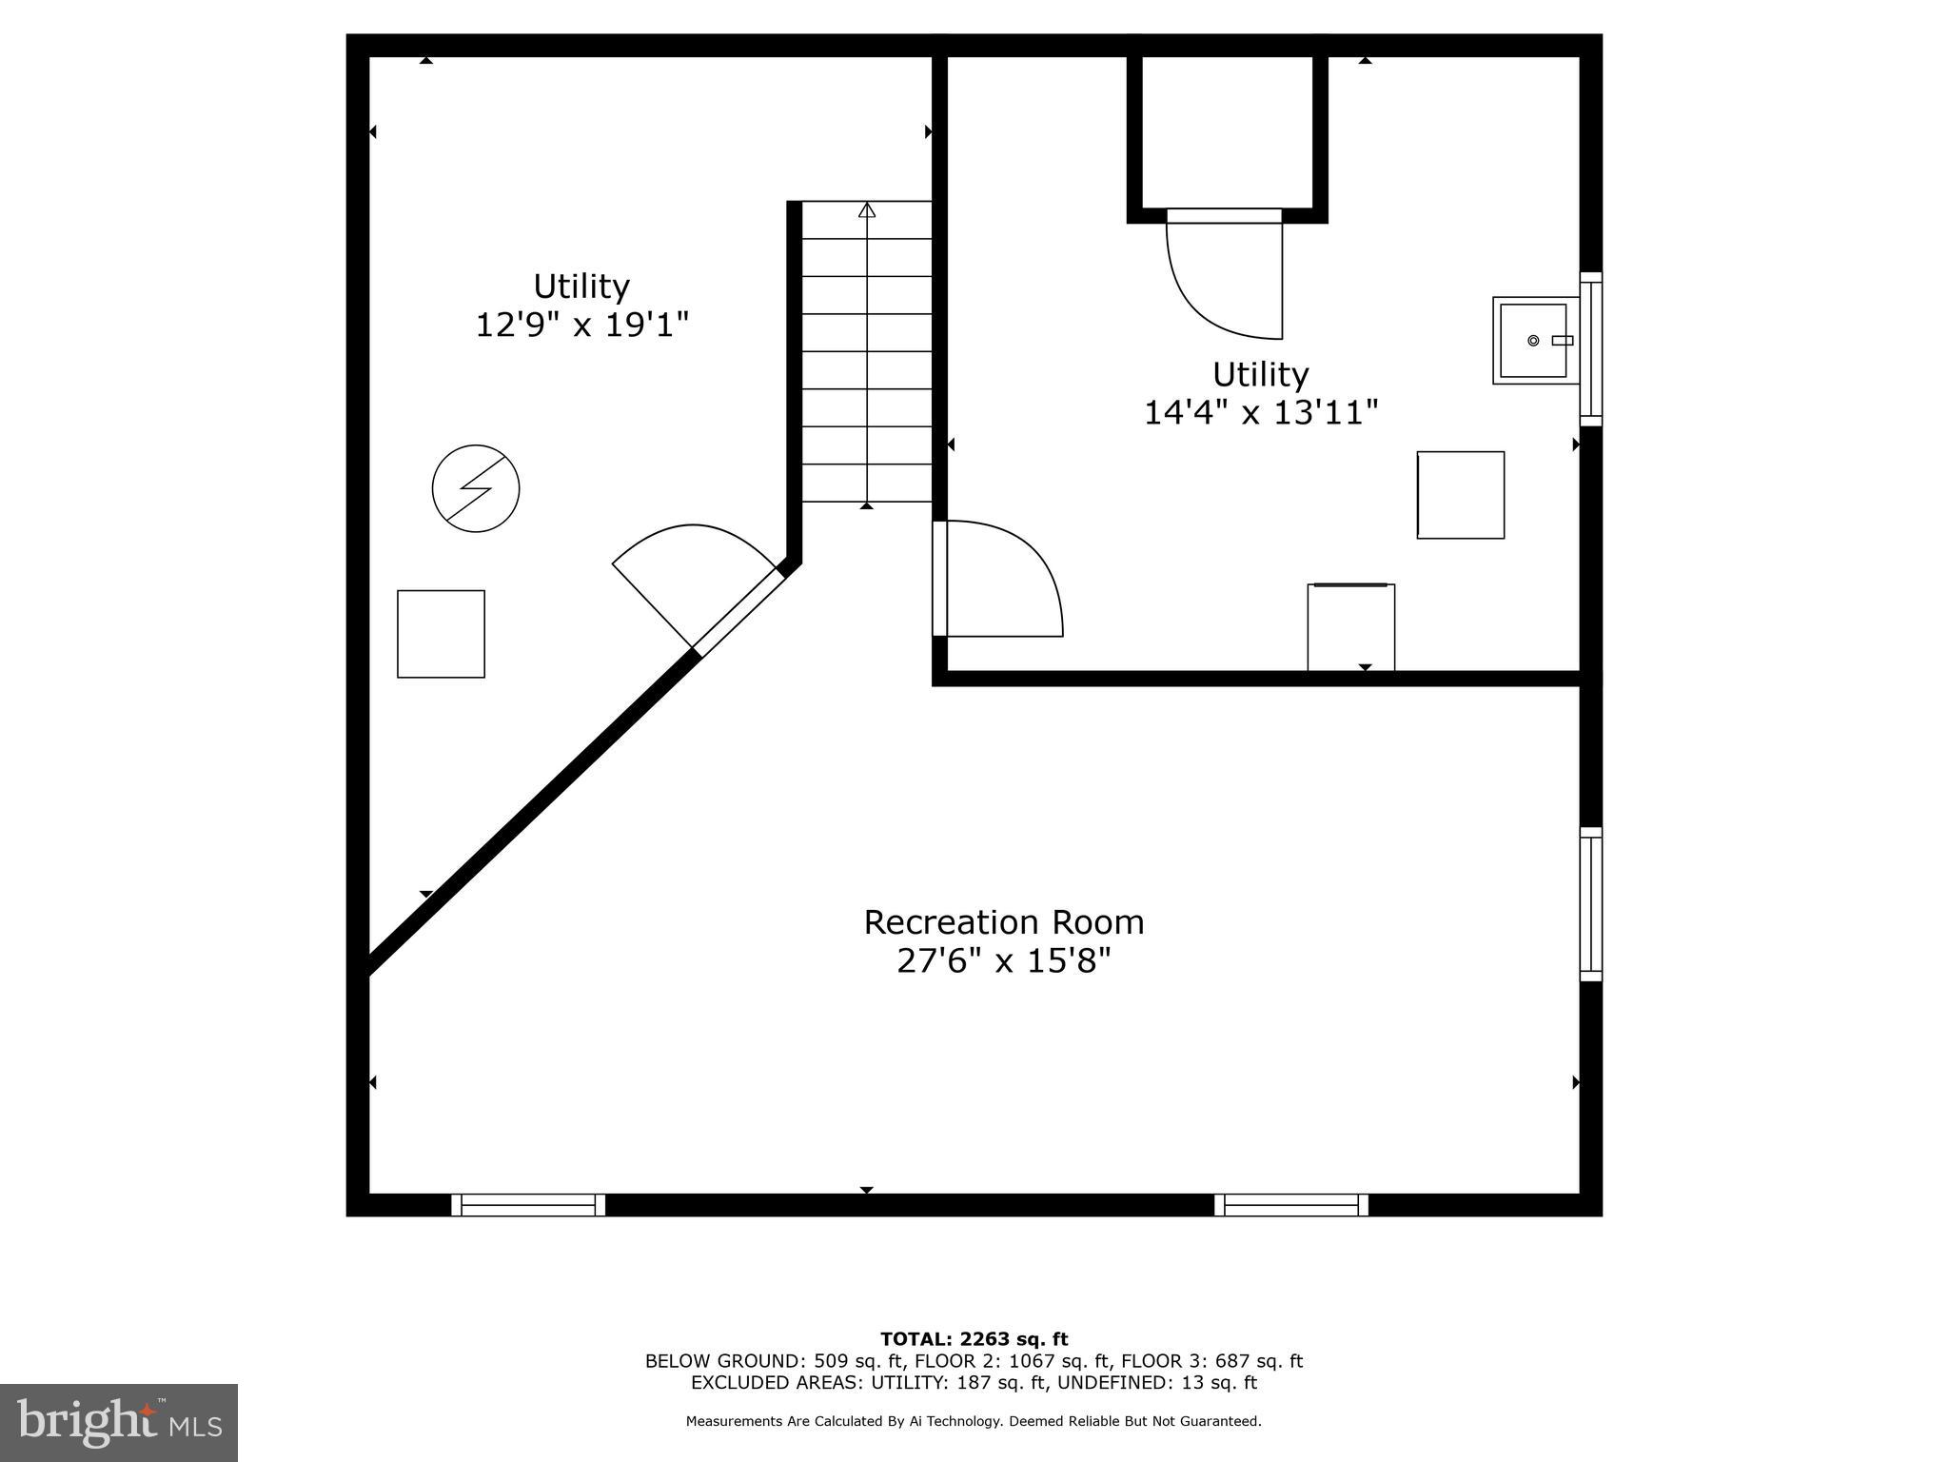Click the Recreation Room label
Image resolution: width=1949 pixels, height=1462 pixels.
1003,922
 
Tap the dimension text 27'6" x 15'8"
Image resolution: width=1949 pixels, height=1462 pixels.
1003,961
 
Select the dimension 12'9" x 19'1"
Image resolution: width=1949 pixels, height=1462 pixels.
581,326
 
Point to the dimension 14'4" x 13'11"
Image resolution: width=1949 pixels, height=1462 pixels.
1260,413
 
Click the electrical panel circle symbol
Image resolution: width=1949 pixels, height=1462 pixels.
476,488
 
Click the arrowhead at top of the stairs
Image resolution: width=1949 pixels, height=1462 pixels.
866,209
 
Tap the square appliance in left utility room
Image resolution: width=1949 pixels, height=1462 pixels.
441,634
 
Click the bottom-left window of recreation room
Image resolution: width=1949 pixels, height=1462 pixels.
528,1205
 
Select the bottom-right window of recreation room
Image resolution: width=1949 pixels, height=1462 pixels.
1291,1205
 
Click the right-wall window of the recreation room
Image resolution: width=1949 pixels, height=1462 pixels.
1590,904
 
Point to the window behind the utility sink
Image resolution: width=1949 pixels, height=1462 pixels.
1590,348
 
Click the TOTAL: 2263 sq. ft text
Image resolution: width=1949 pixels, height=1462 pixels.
974,1339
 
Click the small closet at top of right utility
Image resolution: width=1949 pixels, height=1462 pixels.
1227,130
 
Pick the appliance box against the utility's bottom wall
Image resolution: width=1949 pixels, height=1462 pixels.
1350,627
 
